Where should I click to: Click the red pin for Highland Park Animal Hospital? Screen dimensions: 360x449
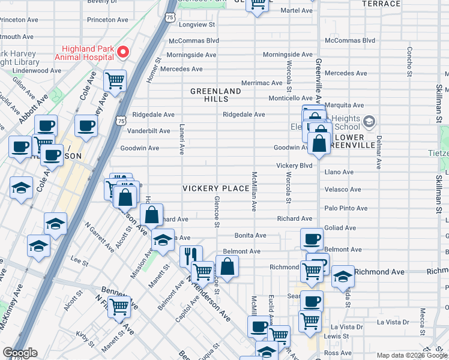(x=123, y=52)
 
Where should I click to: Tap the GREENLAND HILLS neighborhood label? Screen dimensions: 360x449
(x=215, y=95)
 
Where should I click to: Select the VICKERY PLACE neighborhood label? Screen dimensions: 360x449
(x=216, y=188)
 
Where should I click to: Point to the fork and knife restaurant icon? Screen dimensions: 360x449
(x=191, y=256)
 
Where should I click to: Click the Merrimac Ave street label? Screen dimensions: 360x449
(x=262, y=83)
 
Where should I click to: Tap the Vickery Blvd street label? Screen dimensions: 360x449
(x=294, y=165)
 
